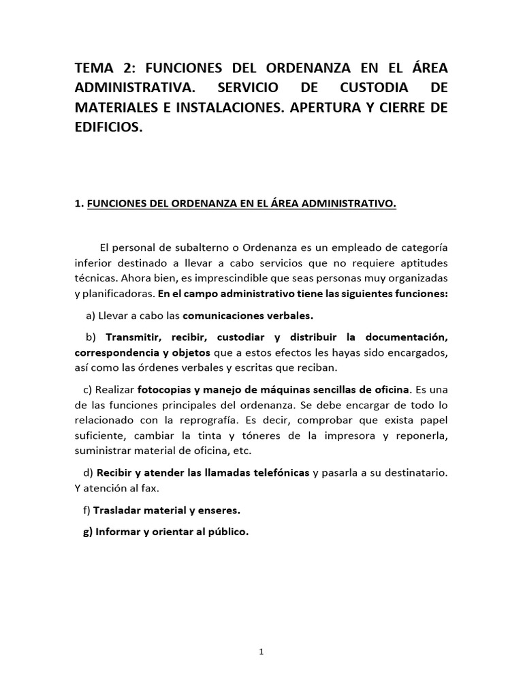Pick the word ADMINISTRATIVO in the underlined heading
click(345, 204)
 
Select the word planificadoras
click(116, 295)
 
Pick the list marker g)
click(87, 532)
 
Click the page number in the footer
click(261, 651)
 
